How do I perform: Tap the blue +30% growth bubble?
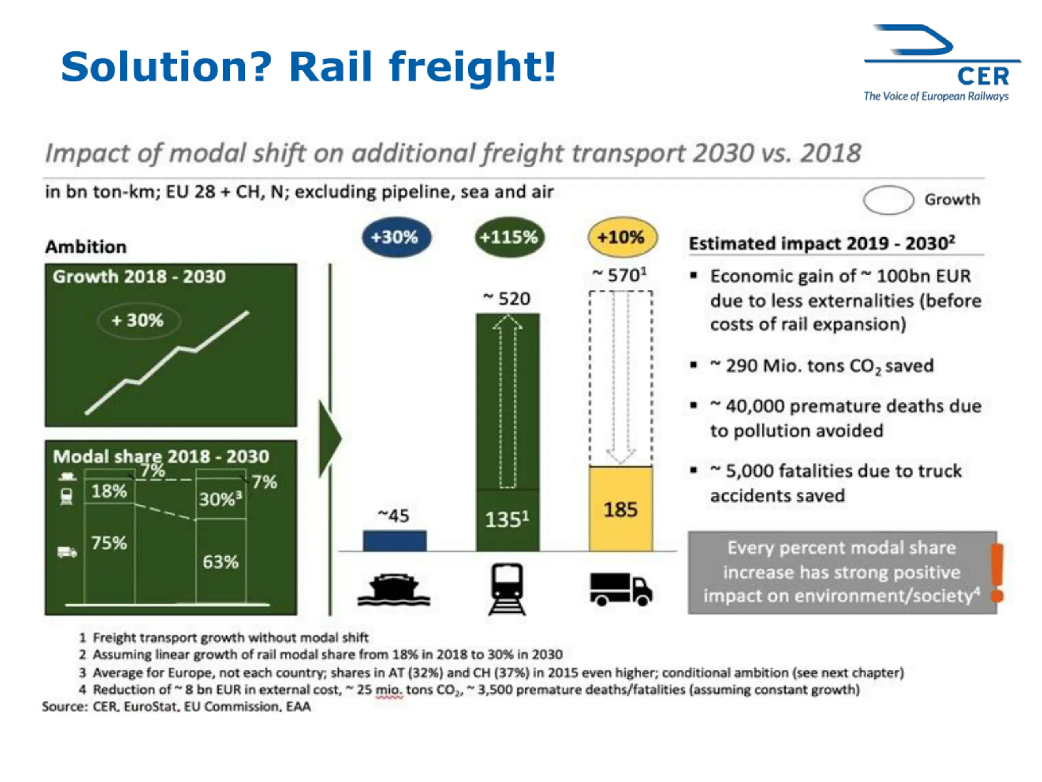[x=396, y=237]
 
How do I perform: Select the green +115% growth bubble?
[x=509, y=237]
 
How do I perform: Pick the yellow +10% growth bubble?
[x=622, y=237]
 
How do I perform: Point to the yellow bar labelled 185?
[x=621, y=509]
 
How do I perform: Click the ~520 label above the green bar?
[x=507, y=299]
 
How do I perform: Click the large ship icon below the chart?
[x=394, y=590]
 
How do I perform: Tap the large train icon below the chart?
[x=507, y=589]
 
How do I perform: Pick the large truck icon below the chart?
[x=621, y=589]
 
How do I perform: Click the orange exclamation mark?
[x=997, y=572]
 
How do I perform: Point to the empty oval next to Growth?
[x=888, y=200]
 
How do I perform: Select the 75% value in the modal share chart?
[x=109, y=543]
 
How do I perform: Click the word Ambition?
[x=86, y=246]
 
